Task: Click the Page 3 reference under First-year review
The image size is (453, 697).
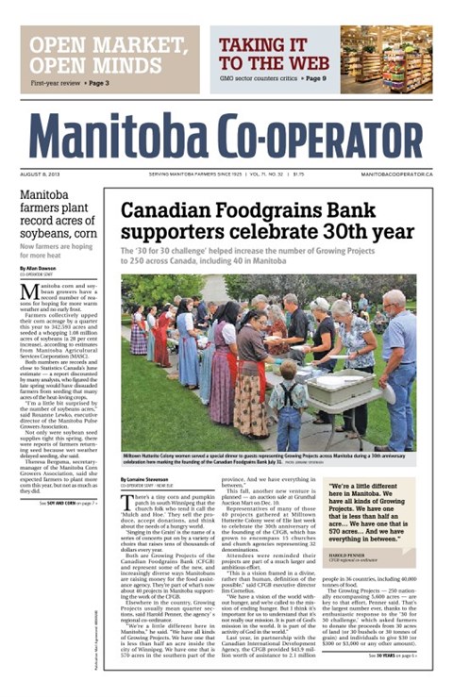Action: (95, 83)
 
